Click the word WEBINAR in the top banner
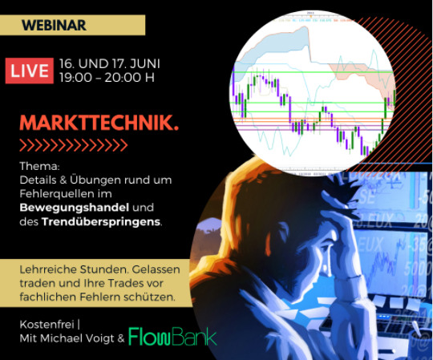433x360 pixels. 54,25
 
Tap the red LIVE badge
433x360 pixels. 30,70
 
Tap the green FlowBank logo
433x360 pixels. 172,336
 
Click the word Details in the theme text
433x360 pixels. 38,180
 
